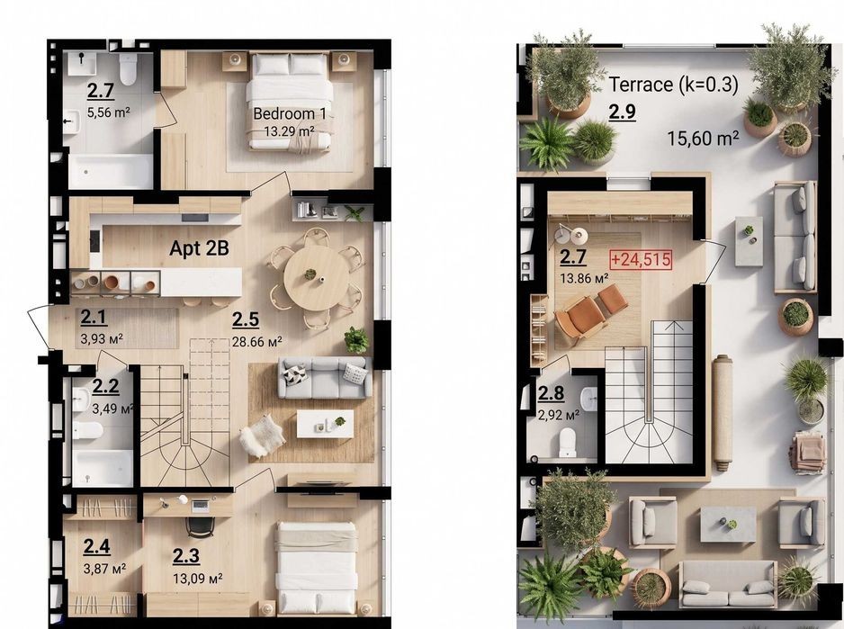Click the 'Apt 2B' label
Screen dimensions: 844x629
coord(199,248)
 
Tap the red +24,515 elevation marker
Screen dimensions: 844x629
coord(641,259)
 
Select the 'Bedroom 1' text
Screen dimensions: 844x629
coord(290,113)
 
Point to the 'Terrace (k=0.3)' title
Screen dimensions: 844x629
coord(673,85)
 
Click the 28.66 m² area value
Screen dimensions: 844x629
coord(256,341)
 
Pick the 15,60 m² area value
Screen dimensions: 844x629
coord(703,139)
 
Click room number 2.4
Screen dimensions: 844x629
coord(96,546)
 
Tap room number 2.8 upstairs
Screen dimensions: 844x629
coord(552,393)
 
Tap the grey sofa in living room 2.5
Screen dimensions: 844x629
coord(325,378)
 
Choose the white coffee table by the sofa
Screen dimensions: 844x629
coord(325,424)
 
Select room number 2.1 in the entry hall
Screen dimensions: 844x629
coord(94,318)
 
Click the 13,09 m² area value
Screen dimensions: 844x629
coord(198,579)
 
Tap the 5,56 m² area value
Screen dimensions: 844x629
coord(109,112)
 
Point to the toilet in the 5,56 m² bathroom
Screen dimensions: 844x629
coord(128,69)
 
